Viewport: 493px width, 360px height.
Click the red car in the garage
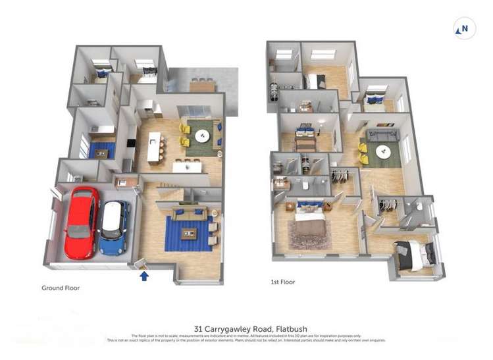[81, 222]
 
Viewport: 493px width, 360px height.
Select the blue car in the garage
[115, 226]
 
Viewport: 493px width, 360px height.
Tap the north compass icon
[464, 28]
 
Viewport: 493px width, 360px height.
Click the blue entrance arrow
[144, 275]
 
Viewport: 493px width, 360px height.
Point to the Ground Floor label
[61, 288]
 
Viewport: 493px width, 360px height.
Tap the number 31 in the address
[198, 329]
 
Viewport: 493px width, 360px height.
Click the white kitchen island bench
[156, 147]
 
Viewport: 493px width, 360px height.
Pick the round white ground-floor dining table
[201, 137]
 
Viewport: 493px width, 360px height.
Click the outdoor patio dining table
[202, 86]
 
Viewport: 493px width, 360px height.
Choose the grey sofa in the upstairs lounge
[382, 136]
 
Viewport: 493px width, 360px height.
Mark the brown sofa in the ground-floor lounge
[190, 213]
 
